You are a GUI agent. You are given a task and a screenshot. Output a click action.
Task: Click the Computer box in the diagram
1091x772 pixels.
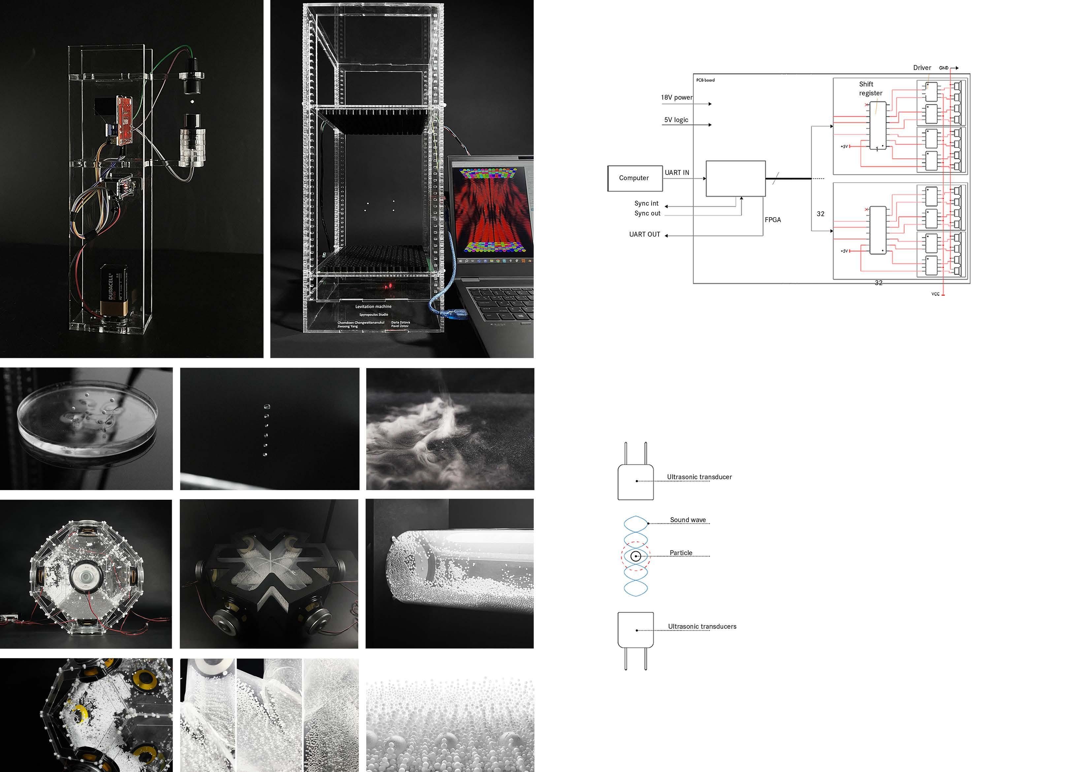point(634,178)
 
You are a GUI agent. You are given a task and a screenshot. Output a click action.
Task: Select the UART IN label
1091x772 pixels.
point(677,173)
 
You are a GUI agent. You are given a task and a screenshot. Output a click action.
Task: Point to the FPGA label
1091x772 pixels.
point(773,219)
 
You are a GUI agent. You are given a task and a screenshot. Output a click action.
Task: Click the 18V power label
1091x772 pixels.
point(677,97)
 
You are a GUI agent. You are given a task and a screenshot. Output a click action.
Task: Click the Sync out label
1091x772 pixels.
point(647,214)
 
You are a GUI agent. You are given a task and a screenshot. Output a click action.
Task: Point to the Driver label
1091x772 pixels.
point(922,68)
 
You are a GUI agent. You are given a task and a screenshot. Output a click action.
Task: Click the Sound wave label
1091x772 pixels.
point(688,520)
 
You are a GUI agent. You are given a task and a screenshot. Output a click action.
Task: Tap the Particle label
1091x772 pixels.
point(681,553)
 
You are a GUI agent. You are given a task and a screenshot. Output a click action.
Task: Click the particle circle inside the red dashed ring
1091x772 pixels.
point(635,556)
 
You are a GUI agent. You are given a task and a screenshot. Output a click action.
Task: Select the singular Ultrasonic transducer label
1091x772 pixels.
point(699,477)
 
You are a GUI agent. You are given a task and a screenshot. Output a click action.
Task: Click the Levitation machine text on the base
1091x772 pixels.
point(373,307)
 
